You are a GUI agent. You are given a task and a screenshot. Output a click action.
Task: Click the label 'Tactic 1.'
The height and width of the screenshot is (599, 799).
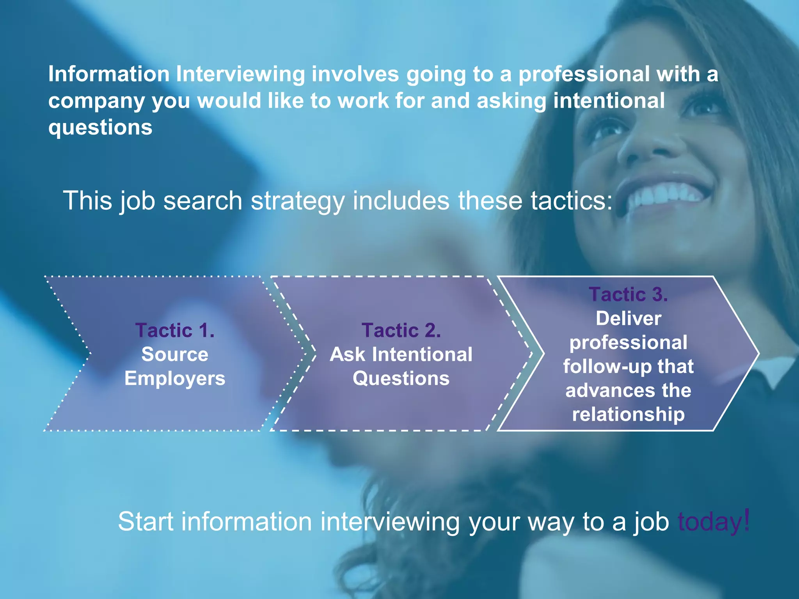click(175, 330)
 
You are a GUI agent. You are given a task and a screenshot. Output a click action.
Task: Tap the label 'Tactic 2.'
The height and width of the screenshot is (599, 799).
click(401, 330)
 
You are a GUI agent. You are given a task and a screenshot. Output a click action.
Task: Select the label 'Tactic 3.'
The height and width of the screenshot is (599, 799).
click(628, 294)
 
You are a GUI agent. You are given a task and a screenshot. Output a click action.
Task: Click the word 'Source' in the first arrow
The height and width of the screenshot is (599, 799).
click(175, 354)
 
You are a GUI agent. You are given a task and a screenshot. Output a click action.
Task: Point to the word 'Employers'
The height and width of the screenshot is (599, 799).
click(175, 378)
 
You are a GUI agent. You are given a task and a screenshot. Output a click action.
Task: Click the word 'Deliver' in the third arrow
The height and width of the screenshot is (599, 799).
click(628, 319)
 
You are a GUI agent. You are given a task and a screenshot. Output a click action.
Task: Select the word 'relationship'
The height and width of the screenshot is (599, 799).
click(628, 414)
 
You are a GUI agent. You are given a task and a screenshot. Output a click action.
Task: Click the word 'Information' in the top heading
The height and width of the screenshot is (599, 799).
click(109, 74)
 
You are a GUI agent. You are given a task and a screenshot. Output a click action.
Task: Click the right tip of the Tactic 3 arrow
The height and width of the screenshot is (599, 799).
click(758, 354)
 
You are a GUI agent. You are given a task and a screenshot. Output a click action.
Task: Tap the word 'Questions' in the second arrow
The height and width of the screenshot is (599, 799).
click(401, 378)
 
